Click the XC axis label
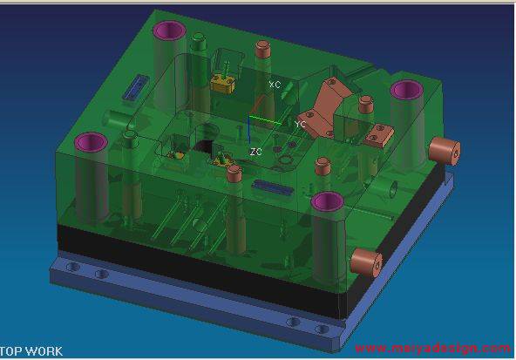point(275,85)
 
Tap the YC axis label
point(300,124)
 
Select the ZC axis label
point(255,152)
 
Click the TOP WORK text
point(31,351)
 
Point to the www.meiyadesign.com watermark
point(432,348)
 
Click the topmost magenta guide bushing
point(170,31)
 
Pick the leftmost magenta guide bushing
point(92,142)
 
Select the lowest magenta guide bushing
point(328,201)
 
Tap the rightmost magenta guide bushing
point(407,90)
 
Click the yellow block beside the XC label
point(223,83)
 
